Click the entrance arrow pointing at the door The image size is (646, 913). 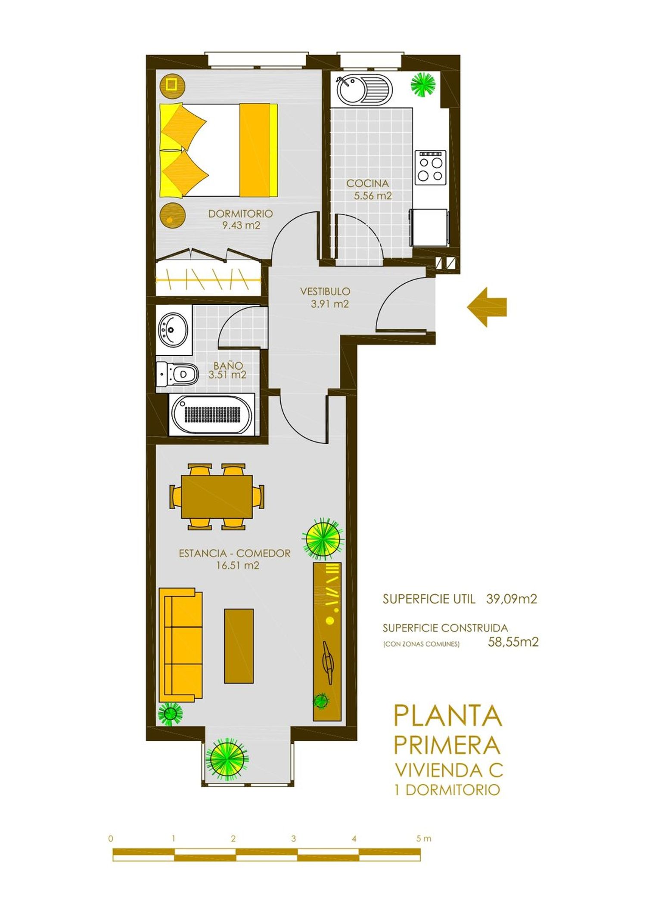(x=487, y=307)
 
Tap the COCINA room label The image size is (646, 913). (x=367, y=183)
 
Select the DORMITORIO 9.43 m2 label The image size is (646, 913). (x=241, y=219)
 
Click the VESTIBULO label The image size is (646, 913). (x=325, y=291)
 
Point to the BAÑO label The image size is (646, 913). (x=228, y=365)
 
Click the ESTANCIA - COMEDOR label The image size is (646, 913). (x=235, y=553)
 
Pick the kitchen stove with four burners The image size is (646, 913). (x=430, y=167)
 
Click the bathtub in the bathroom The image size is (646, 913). (x=211, y=415)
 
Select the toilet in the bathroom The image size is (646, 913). (x=177, y=374)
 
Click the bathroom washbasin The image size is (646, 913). (x=173, y=330)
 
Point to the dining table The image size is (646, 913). (x=217, y=496)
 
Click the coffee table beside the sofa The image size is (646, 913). (x=239, y=646)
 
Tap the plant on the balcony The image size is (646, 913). (x=227, y=759)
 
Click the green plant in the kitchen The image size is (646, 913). (x=423, y=84)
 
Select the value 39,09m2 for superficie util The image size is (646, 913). (x=512, y=599)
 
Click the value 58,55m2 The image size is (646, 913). (x=513, y=642)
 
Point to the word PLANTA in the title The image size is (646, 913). (x=448, y=715)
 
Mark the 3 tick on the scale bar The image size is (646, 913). (x=293, y=839)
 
